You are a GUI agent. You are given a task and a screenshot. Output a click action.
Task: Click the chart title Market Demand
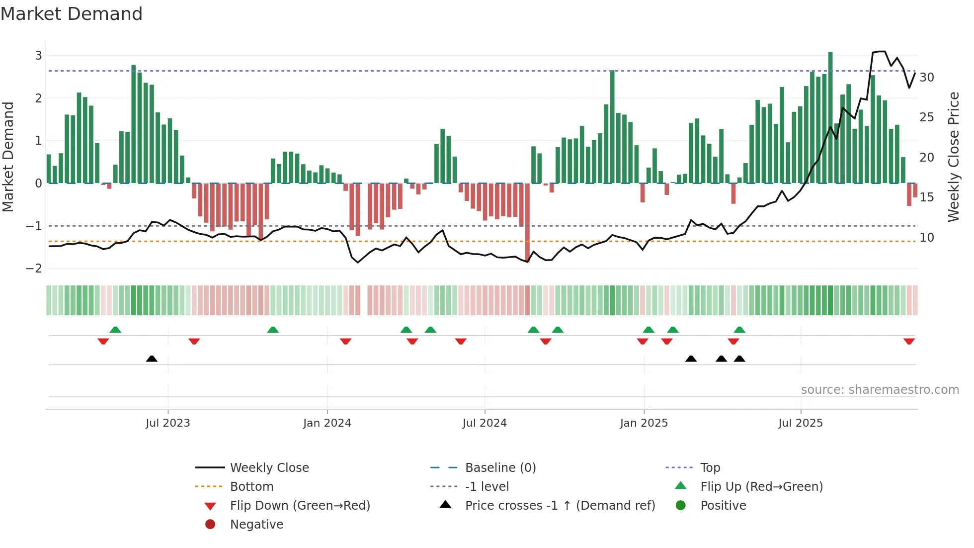point(72,14)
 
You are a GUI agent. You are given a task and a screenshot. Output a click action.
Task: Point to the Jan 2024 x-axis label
point(327,423)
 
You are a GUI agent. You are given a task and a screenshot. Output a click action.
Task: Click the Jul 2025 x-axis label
point(800,423)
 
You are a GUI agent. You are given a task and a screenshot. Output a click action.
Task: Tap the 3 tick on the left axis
point(38,56)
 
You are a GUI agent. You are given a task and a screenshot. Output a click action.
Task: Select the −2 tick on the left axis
point(34,269)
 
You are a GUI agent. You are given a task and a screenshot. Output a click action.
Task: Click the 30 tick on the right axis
point(926,78)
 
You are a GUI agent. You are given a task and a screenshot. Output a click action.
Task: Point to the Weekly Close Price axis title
point(953,157)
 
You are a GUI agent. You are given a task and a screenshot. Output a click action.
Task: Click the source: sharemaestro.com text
point(880,390)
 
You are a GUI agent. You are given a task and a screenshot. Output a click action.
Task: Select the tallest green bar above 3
point(830,117)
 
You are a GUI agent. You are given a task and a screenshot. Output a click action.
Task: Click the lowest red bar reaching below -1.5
point(527,221)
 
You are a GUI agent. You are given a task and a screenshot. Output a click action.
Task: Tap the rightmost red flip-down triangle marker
point(909,342)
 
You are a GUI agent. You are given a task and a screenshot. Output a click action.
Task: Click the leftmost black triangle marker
point(152,359)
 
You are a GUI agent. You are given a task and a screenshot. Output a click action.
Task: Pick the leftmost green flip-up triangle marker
point(115,330)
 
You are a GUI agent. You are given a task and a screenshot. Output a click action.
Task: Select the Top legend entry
point(710,468)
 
